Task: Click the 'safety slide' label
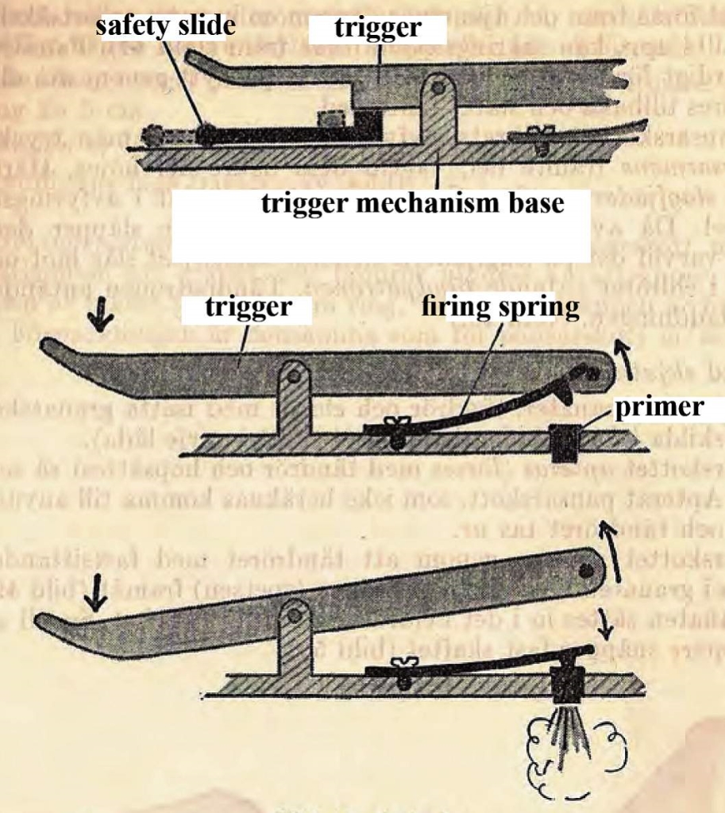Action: [x=165, y=26]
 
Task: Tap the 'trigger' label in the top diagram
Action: [x=377, y=29]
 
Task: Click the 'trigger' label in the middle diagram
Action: [x=246, y=306]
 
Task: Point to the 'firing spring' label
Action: [x=500, y=306]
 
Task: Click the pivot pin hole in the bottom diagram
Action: [x=295, y=614]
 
